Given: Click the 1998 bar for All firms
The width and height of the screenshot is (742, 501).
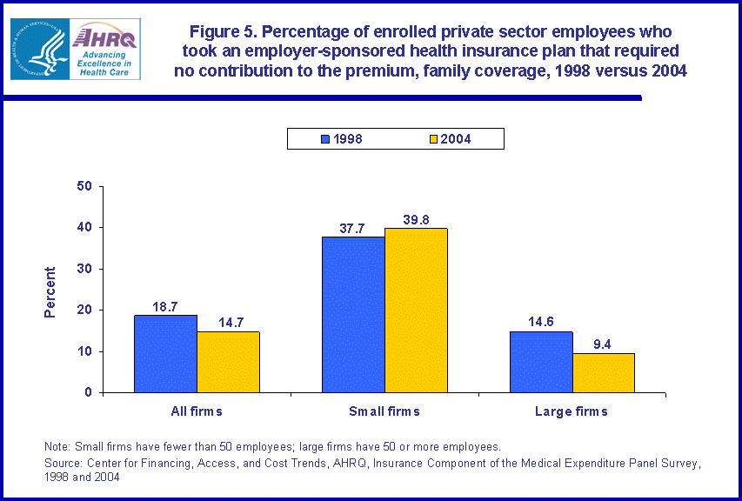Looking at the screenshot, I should point(165,353).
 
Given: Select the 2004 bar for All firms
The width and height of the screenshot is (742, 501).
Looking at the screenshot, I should point(228,362).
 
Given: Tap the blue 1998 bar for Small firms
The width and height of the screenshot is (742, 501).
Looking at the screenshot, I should point(353,314).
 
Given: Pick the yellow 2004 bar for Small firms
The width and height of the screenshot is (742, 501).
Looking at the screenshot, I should point(416,310).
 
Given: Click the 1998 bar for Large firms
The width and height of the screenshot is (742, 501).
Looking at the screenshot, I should point(541,362).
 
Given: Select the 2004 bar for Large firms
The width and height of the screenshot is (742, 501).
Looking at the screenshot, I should point(603,372).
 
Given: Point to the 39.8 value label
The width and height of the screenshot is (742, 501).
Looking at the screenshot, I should point(416,220).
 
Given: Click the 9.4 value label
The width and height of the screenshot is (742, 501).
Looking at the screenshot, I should point(603,344).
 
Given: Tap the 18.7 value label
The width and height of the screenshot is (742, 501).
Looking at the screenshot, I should point(165,307).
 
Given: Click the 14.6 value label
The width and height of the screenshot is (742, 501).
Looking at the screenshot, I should point(541,323).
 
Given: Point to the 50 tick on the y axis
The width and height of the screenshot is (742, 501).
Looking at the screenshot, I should point(85,186).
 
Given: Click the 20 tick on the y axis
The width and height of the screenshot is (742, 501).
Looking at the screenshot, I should point(85,310).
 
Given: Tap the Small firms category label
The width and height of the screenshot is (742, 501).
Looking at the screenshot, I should point(384,411).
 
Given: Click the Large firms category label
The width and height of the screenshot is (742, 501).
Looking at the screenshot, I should point(572,411).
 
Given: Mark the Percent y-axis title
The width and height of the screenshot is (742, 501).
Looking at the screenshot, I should point(50,291).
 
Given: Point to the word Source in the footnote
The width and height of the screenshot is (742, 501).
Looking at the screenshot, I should point(63,463).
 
